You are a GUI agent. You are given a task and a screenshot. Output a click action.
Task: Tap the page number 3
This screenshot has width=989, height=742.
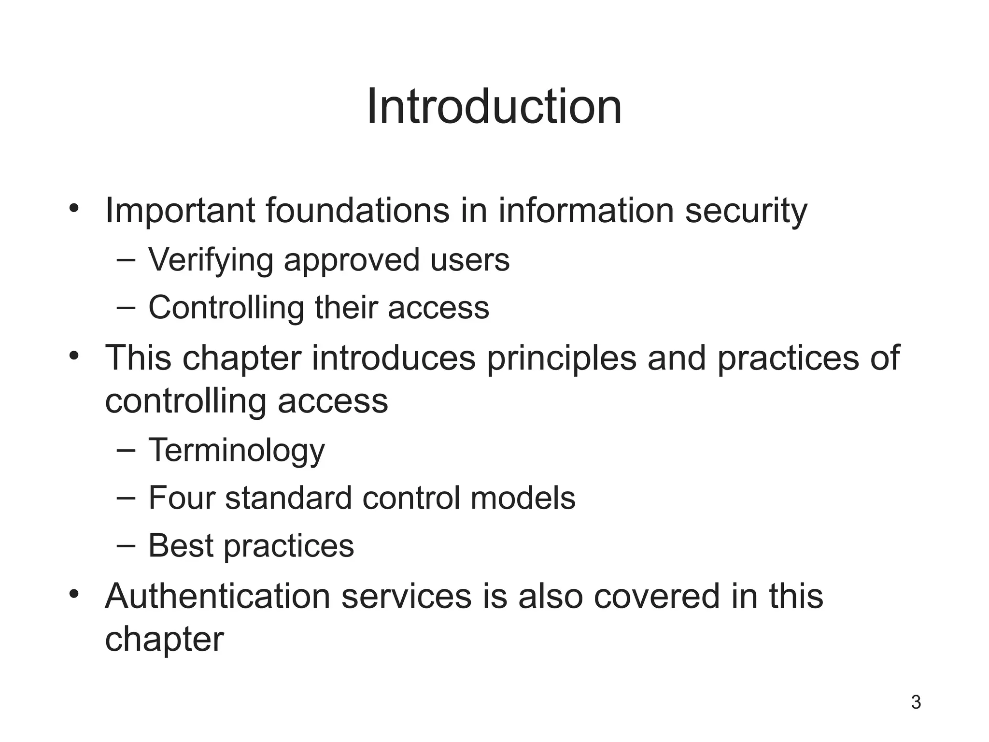[x=916, y=702]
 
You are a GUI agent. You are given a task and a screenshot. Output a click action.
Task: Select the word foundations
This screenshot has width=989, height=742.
[x=358, y=211]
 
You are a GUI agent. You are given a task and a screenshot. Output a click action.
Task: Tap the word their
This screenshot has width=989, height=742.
[x=346, y=307]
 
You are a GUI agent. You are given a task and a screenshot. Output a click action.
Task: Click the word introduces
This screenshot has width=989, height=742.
[x=394, y=358]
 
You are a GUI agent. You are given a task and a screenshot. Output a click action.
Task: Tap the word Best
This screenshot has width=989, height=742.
[x=181, y=545]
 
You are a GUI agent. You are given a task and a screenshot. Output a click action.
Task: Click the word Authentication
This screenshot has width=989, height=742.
[x=218, y=596]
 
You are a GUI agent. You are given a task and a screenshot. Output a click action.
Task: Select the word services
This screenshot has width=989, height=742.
[x=407, y=596]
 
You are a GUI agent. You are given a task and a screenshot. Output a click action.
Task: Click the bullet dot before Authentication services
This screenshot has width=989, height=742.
[x=73, y=593]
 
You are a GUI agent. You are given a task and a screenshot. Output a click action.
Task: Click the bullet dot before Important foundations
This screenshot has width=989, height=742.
[x=73, y=208]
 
